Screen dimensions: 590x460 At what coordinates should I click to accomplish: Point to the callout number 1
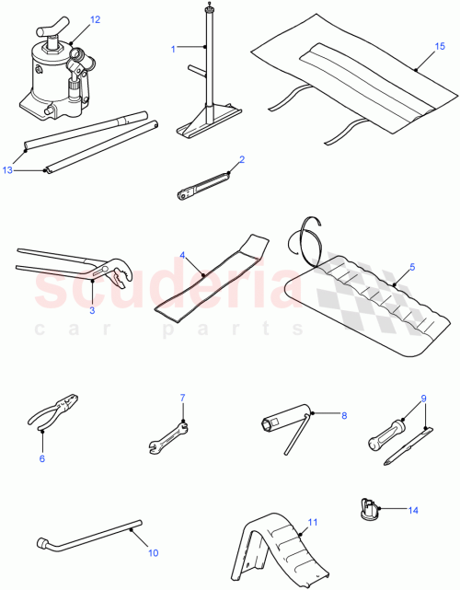[x=172, y=48]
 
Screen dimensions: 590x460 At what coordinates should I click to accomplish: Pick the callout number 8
[x=344, y=415]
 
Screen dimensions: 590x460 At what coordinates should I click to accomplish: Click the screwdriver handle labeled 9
[x=385, y=431]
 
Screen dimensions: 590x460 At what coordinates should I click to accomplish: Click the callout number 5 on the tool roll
[x=411, y=267]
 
